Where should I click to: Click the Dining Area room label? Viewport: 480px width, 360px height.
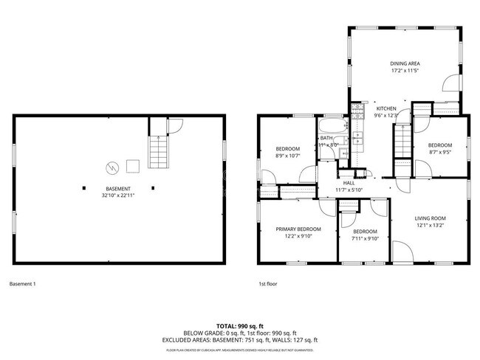click(405, 63)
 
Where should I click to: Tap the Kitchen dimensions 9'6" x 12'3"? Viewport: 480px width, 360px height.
click(385, 115)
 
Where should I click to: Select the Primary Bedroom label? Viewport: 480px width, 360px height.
click(298, 229)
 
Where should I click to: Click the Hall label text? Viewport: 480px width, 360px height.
click(349, 183)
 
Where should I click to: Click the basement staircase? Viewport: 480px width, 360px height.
click(159, 152)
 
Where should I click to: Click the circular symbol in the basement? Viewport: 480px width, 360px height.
click(112, 167)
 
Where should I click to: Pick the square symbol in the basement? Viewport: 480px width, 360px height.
click(133, 165)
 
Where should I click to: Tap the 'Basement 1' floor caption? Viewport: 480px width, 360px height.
click(22, 284)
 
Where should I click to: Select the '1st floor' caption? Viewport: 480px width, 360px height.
click(267, 284)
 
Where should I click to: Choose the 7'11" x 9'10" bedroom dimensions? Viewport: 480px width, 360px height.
click(365, 238)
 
